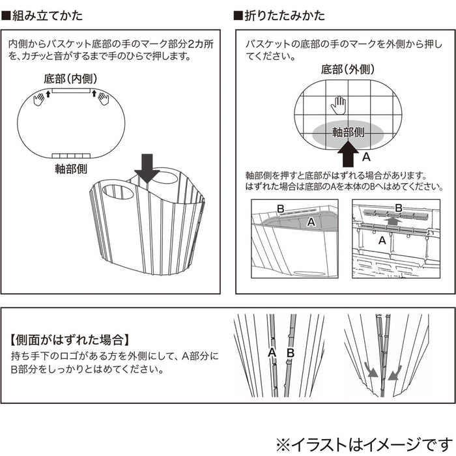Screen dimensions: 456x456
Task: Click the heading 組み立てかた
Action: [x=46, y=14]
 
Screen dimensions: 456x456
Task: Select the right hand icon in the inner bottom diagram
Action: [x=103, y=99]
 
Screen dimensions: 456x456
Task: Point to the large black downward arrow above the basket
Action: [x=147, y=167]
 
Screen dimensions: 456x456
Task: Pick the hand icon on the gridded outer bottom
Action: [x=337, y=104]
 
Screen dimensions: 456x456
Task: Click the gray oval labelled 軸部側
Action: [x=348, y=132]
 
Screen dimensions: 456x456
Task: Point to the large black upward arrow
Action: [x=349, y=155]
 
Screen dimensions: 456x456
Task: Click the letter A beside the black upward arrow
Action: [x=365, y=157]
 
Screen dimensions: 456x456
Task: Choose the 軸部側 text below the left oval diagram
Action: [x=72, y=169]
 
